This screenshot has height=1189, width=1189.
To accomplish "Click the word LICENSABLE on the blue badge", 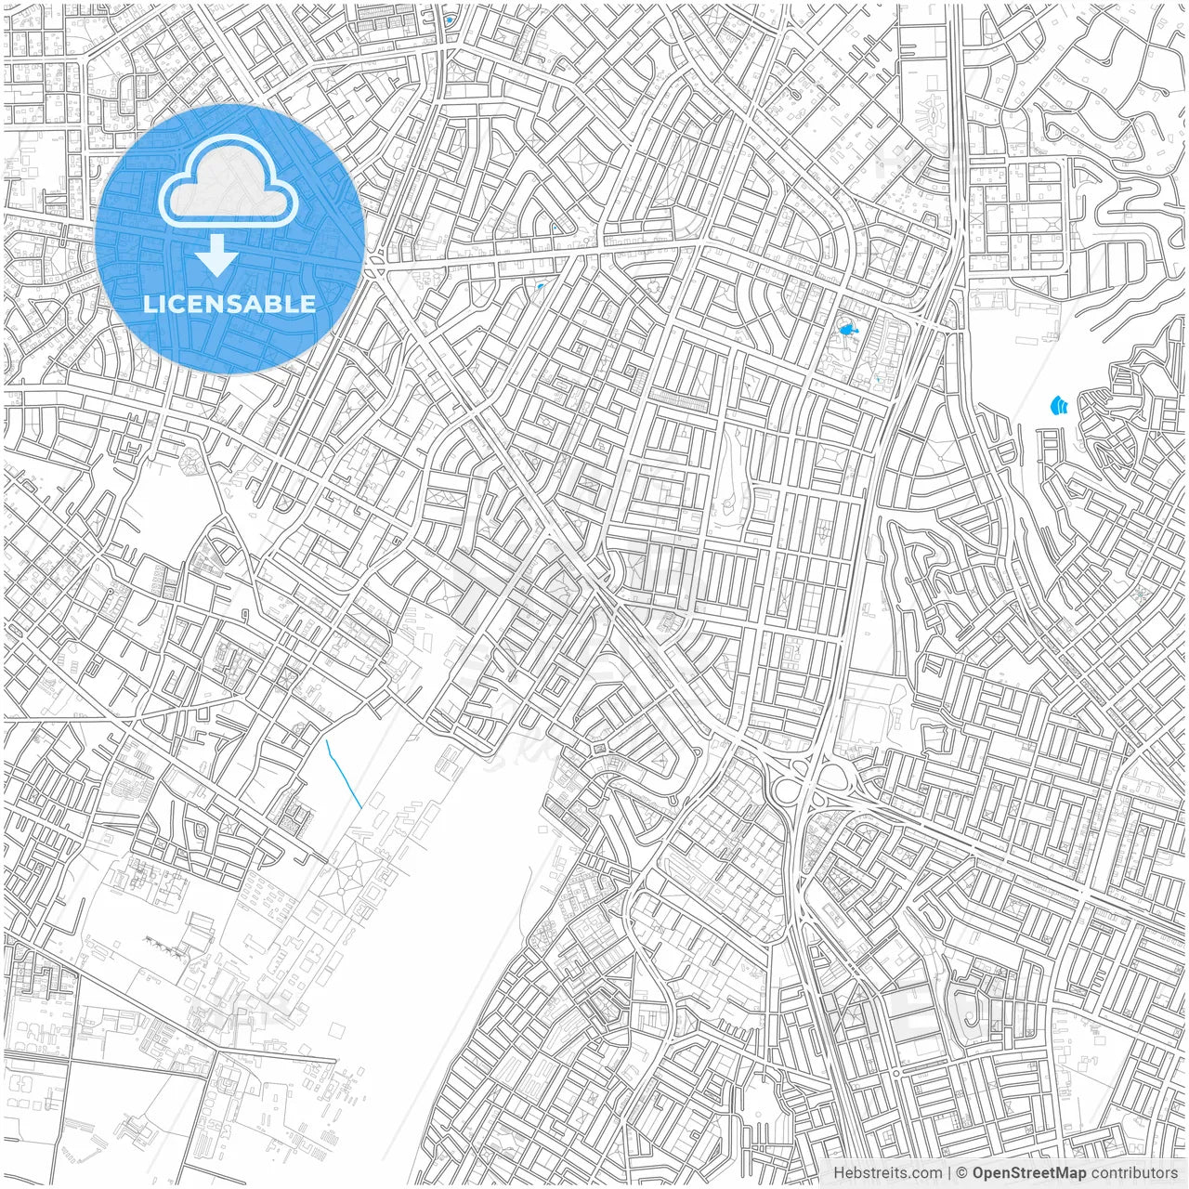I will click(x=229, y=304).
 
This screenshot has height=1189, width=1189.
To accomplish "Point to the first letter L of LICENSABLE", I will click(x=149, y=304).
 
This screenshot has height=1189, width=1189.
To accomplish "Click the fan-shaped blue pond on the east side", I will click(x=1058, y=406).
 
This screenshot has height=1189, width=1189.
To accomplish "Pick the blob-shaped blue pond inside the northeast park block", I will click(x=846, y=329).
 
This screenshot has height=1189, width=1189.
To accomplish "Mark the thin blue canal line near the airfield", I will click(x=344, y=774).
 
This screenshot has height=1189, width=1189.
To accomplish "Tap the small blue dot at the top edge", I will click(x=450, y=20).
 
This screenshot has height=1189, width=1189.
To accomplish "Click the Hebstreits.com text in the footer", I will click(x=886, y=1173).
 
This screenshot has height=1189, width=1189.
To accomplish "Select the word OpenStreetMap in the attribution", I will click(x=1029, y=1173).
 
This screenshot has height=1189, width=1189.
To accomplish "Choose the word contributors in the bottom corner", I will click(x=1134, y=1173).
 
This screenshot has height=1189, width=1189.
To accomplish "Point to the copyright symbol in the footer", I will click(x=962, y=1173).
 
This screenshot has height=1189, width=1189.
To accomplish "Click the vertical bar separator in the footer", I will click(x=948, y=1173).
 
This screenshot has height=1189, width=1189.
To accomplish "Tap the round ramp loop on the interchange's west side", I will click(x=787, y=791).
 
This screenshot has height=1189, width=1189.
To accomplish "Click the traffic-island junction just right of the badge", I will click(x=374, y=269).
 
